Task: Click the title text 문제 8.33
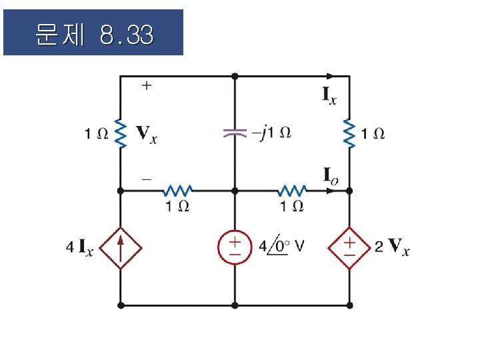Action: [93, 33]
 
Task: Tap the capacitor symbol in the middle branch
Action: [234, 133]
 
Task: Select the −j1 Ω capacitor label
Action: [271, 133]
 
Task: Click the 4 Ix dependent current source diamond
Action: [121, 248]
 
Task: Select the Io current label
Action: [331, 175]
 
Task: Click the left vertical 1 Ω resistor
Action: [121, 133]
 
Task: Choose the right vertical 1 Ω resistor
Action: [349, 133]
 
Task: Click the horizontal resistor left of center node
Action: [177, 191]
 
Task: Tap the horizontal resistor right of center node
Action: [291, 191]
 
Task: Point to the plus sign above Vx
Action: [146, 86]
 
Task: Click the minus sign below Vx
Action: [146, 179]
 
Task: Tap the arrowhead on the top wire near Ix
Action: [329, 76]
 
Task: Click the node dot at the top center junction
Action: [235, 76]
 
